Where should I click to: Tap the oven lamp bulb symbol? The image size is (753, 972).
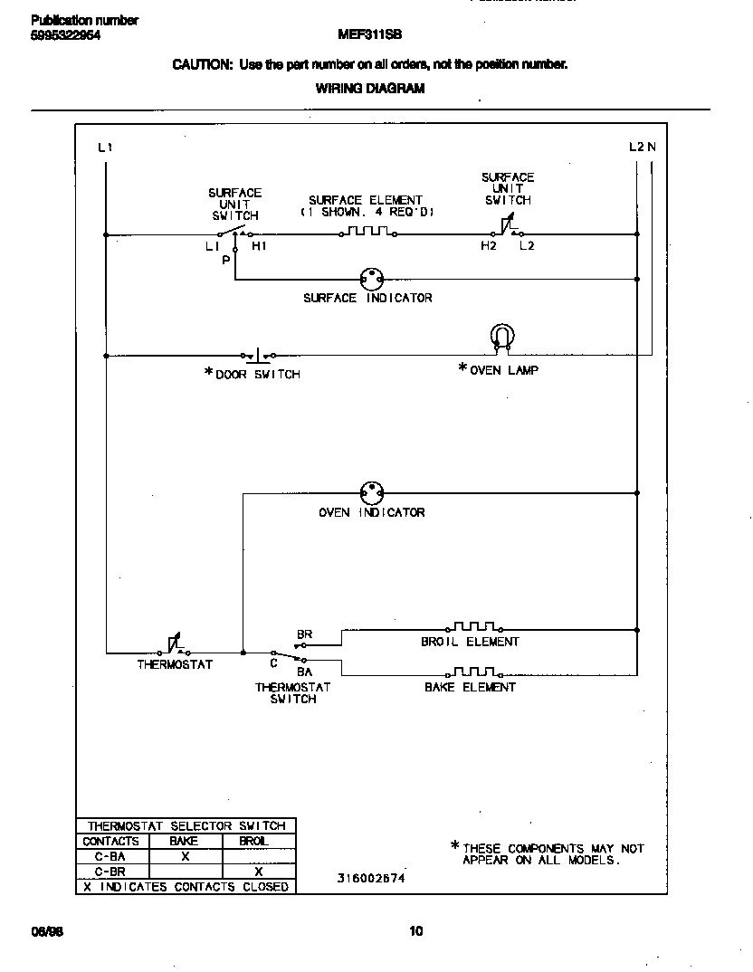500,338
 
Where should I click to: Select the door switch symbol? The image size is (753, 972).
258,355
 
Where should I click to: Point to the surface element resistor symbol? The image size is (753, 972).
367,233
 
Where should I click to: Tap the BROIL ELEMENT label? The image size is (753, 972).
470,642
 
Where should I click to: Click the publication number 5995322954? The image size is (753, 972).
65,34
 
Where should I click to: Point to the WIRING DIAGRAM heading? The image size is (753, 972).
369,89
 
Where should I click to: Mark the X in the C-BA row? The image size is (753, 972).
185,856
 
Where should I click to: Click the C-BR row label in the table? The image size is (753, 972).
110,872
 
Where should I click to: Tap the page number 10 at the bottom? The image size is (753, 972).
415,930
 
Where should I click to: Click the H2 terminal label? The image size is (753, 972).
489,246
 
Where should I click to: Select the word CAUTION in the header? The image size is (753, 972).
203,64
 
